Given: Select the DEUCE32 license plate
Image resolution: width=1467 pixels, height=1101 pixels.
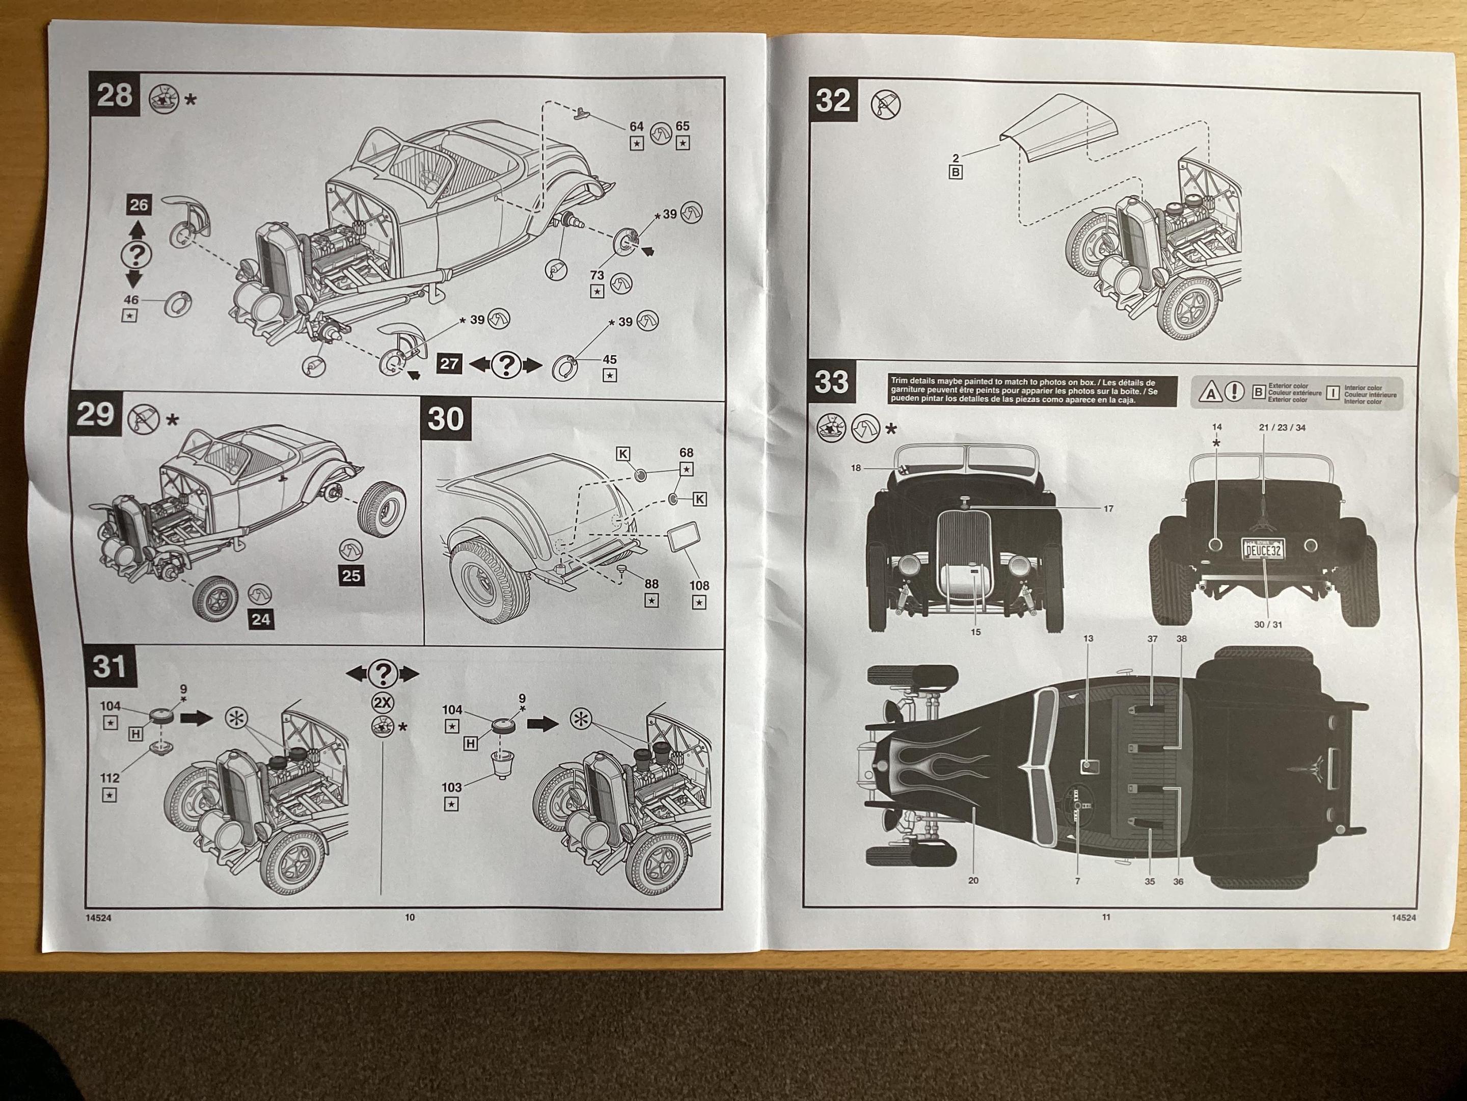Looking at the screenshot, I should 1263,549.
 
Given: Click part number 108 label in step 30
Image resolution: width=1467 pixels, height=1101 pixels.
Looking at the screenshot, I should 698,585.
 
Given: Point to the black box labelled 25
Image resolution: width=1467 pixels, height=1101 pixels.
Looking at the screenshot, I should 351,575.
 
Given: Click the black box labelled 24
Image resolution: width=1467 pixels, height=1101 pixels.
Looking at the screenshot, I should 261,619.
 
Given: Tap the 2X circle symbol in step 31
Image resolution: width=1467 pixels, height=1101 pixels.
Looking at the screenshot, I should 383,703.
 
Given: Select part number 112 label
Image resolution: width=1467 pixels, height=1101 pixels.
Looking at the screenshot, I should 110,778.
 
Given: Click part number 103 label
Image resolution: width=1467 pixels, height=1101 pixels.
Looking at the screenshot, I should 452,788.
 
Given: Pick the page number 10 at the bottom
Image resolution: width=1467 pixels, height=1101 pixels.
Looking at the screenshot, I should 410,917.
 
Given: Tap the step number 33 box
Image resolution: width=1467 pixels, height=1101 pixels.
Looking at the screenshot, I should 832,382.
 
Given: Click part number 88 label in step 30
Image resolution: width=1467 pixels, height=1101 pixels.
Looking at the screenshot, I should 651,584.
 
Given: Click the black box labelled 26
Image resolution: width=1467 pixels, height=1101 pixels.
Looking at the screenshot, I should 139,205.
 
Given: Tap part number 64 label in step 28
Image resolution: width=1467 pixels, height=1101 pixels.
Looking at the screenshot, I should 636,126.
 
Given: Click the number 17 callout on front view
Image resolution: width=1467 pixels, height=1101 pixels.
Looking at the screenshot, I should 1108,509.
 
